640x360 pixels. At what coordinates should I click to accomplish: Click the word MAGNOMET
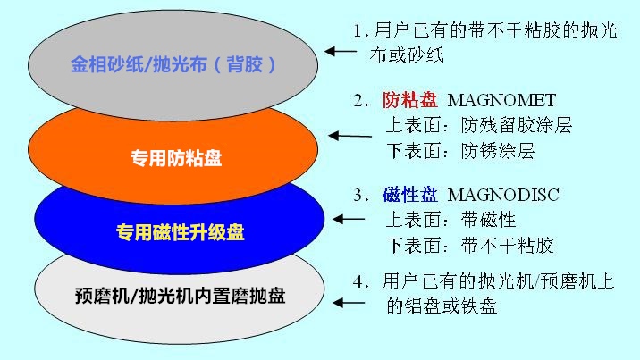pyautogui.click(x=501, y=100)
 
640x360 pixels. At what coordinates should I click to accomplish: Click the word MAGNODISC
pyautogui.click(x=503, y=195)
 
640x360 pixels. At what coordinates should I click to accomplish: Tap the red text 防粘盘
pyautogui.click(x=409, y=100)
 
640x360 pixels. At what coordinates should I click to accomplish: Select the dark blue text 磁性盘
pyautogui.click(x=409, y=195)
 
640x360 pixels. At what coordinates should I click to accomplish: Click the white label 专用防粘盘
pyautogui.click(x=176, y=158)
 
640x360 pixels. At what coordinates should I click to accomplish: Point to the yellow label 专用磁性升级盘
pyautogui.click(x=180, y=232)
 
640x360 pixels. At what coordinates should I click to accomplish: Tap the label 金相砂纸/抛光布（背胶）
pyautogui.click(x=173, y=64)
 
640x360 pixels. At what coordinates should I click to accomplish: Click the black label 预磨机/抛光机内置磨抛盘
pyautogui.click(x=180, y=296)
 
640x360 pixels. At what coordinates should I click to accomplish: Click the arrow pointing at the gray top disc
pyautogui.click(x=341, y=52)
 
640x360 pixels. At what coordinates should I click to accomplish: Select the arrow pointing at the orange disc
pyautogui.click(x=349, y=136)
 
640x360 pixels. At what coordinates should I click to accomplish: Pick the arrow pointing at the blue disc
pyautogui.click(x=349, y=220)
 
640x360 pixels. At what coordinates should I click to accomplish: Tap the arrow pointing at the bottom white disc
pyautogui.click(x=349, y=303)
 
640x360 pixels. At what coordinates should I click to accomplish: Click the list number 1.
pyautogui.click(x=359, y=31)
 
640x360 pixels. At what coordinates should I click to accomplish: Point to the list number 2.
pyautogui.click(x=360, y=101)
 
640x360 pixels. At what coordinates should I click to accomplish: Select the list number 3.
pyautogui.click(x=360, y=196)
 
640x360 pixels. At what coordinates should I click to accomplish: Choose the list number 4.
pyautogui.click(x=360, y=281)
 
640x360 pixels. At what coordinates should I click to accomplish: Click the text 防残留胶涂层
pyautogui.click(x=517, y=125)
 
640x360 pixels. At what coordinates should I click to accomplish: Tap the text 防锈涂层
pyautogui.click(x=498, y=151)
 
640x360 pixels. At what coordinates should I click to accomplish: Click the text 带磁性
pyautogui.click(x=489, y=220)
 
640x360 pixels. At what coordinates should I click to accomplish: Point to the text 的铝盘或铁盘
pyautogui.click(x=442, y=306)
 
